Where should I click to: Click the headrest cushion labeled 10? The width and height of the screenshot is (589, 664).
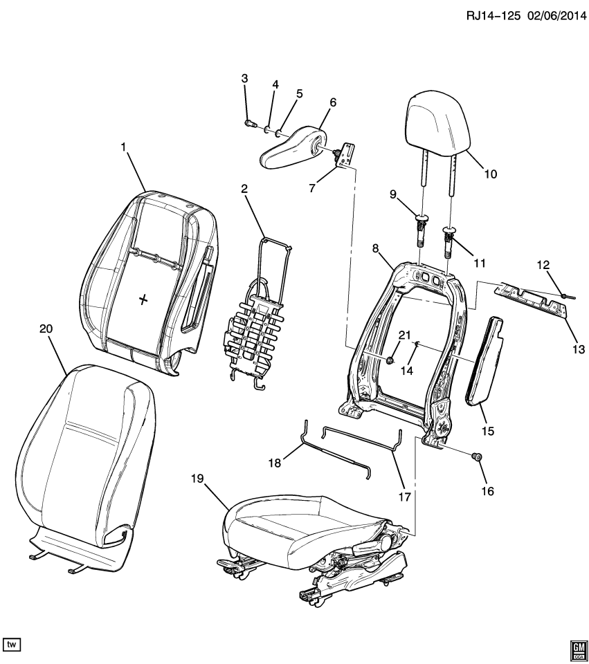click(440, 119)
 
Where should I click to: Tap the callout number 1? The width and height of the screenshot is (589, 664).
click(125, 147)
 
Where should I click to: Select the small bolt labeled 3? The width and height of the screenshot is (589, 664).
click(249, 123)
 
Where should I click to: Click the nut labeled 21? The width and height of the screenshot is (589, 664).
click(391, 360)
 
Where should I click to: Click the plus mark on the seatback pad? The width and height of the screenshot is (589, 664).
click(143, 299)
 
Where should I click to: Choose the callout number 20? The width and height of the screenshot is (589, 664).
click(46, 331)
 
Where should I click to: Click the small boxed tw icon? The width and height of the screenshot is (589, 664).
click(12, 645)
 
